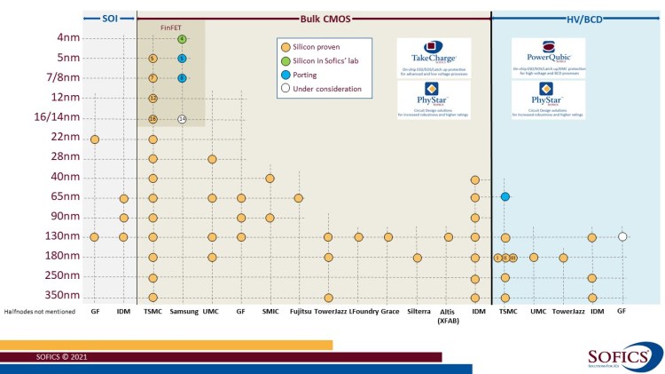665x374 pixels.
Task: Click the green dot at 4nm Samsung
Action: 182,39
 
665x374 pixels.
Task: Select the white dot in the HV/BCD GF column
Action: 622,236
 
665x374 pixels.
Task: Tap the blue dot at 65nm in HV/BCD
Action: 505,196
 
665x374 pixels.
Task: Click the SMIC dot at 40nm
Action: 270,178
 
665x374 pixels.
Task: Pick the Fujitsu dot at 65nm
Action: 299,197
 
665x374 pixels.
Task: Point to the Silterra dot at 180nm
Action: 418,258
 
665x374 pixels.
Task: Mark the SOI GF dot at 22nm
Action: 94,139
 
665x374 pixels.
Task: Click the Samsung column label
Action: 184,312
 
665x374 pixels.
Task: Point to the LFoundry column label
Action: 358,312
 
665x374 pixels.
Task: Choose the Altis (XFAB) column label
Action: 448,315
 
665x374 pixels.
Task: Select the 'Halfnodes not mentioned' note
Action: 41,312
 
